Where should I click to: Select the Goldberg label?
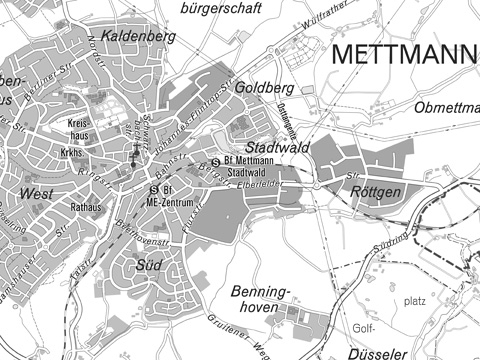click(264, 87)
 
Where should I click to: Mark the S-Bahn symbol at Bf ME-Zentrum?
click(153, 189)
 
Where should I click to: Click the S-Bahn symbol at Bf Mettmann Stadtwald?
click(215, 163)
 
